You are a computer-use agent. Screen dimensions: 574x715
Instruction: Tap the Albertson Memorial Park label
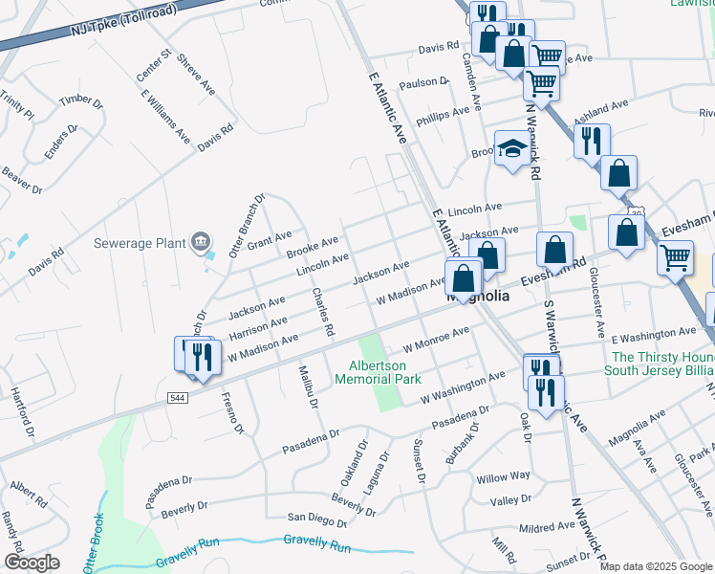(x=378, y=372)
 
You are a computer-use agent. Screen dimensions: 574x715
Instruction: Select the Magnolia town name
(x=479, y=297)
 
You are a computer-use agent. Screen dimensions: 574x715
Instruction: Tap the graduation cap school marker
(x=512, y=149)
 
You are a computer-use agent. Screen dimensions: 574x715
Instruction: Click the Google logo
(x=32, y=563)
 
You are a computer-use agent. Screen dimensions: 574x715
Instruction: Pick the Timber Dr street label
(x=81, y=100)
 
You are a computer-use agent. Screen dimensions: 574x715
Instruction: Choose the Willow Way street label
(x=503, y=476)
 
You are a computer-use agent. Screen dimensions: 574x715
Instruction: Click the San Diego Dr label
(x=317, y=520)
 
